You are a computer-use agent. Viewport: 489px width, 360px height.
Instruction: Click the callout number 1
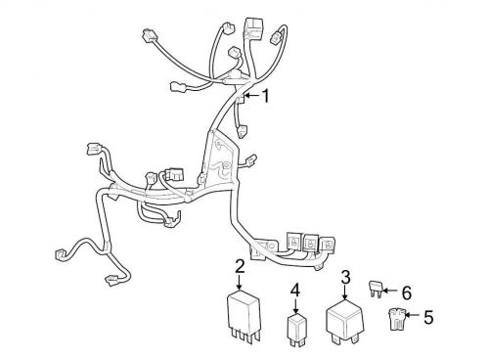264,95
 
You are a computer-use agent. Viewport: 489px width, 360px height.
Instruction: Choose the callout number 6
407,290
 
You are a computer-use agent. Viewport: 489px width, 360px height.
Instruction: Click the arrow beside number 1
248,96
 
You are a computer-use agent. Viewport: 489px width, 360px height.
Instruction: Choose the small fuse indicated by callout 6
378,289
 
